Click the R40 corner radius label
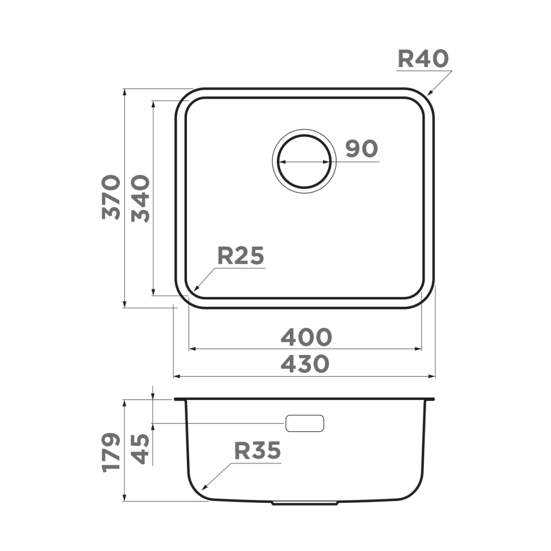click(x=423, y=59)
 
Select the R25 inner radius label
click(x=241, y=256)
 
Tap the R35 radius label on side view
click(x=257, y=451)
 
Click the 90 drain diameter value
click(x=361, y=149)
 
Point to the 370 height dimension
click(x=111, y=197)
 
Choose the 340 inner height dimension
click(x=140, y=198)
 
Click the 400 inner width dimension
click(x=306, y=337)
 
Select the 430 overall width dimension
click(x=305, y=364)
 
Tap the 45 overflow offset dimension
click(x=140, y=449)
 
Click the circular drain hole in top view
click(x=303, y=162)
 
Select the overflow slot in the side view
click(x=304, y=423)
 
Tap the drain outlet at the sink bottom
click(x=305, y=503)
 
